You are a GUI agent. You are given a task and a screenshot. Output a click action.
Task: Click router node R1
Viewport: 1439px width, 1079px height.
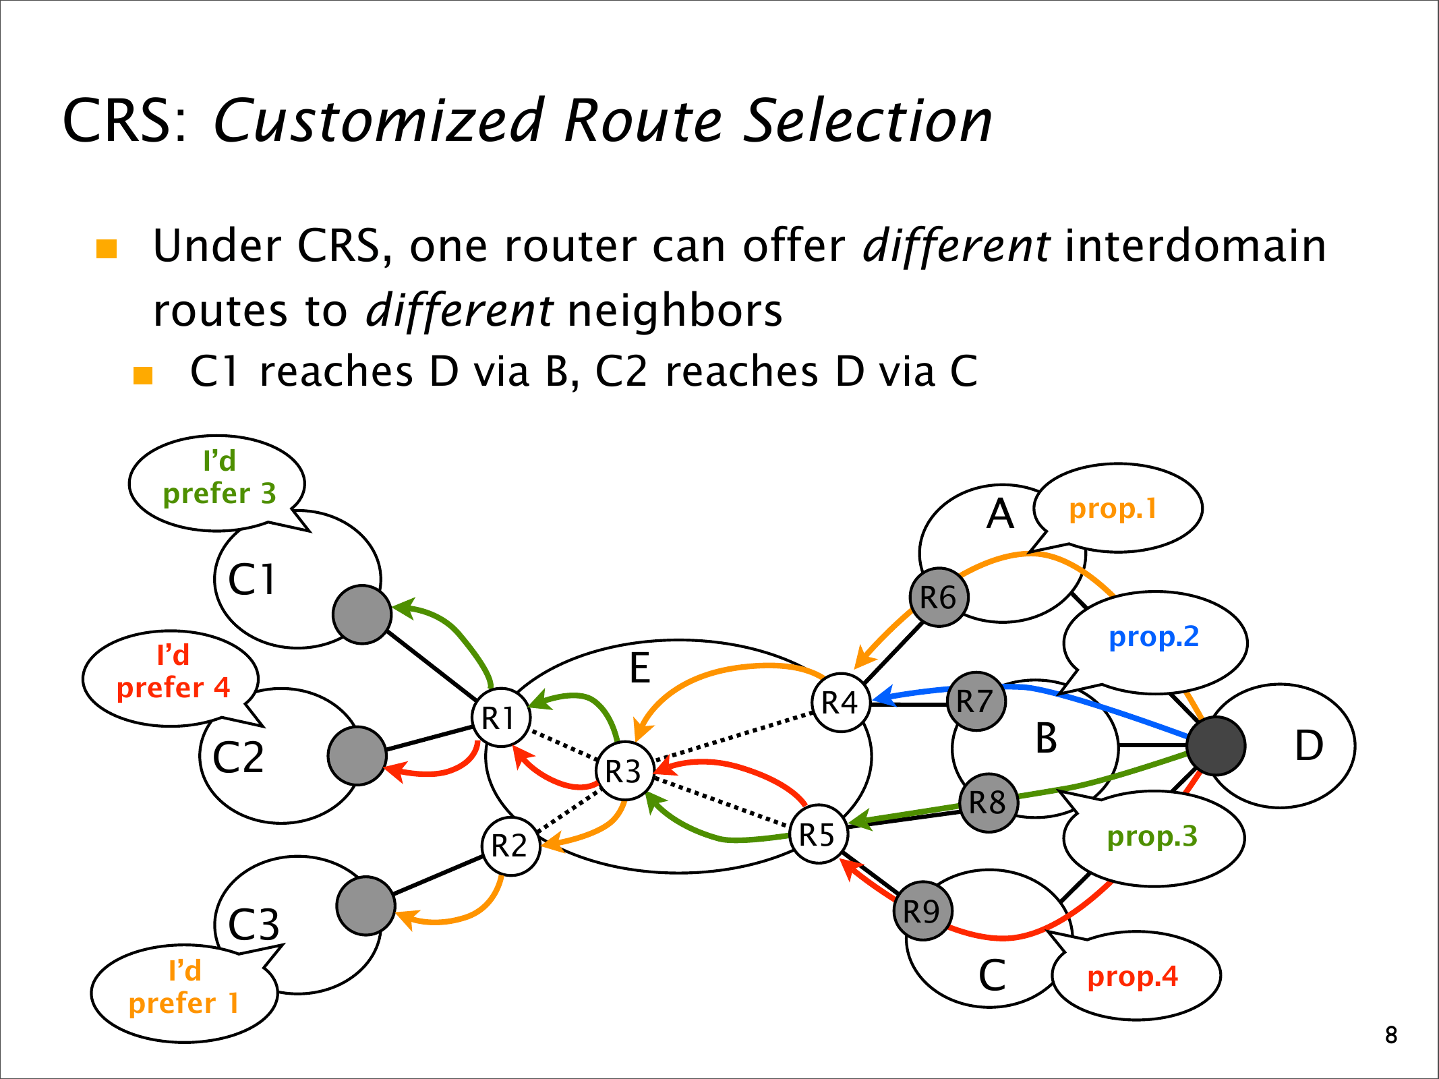pos(500,718)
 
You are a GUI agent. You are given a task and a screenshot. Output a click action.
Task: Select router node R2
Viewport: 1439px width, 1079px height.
pos(510,846)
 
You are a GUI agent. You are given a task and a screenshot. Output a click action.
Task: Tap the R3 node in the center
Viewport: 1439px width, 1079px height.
pos(624,771)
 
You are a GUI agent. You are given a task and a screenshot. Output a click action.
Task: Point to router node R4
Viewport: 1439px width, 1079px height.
pos(840,702)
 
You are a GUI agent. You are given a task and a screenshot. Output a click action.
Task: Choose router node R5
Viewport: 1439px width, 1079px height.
pos(818,834)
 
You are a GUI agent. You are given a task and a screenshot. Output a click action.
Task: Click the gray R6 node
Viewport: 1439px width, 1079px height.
pos(939,597)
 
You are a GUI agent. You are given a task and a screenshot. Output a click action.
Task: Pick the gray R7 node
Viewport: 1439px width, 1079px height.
pos(976,701)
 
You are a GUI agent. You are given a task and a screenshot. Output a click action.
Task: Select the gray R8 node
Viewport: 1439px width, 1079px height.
pos(988,803)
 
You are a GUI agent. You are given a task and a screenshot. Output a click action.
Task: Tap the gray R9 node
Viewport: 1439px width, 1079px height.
pos(922,911)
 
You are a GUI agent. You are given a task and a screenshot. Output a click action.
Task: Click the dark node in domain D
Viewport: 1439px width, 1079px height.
pos(1215,746)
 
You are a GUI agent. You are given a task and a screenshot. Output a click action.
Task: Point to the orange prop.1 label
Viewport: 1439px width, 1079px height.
pos(1113,508)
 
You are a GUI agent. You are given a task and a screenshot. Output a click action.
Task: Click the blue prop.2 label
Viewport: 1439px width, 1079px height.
pos(1154,637)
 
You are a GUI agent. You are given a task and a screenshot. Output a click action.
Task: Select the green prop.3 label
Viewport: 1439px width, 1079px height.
pos(1152,836)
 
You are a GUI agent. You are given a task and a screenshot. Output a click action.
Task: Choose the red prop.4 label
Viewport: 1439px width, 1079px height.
pos(1133,976)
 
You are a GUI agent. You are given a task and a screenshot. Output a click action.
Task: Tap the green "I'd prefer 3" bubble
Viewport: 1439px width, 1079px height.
pos(219,477)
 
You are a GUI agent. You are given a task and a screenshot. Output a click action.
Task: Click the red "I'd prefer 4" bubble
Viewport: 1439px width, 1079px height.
pos(173,672)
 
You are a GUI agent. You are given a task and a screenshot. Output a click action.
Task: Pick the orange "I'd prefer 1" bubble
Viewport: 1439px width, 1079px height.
pos(184,987)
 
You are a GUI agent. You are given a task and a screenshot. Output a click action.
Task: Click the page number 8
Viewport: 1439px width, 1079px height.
pos(1391,1034)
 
